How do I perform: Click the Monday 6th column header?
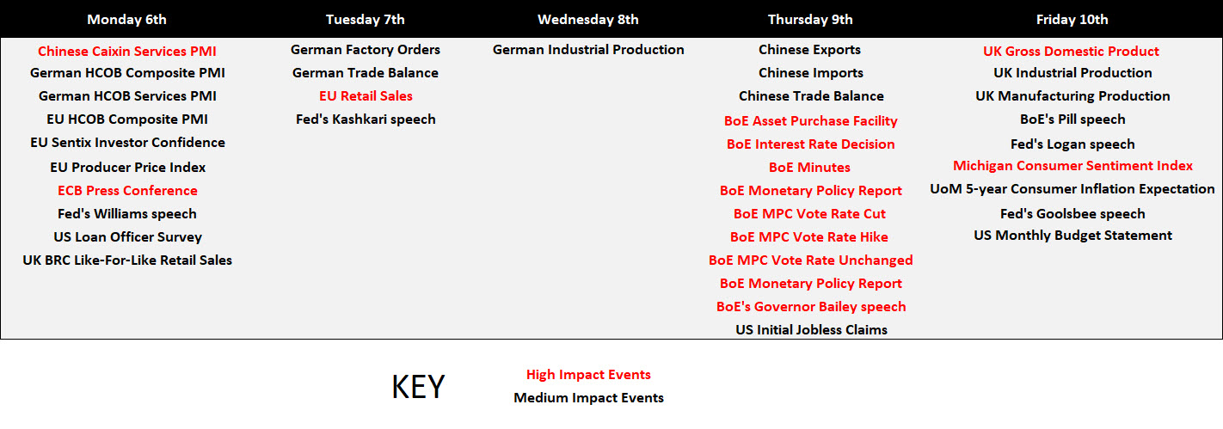(x=126, y=20)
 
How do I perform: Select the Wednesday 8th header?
(x=588, y=20)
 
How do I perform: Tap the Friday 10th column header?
(x=1072, y=20)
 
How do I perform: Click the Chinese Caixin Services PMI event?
(x=126, y=52)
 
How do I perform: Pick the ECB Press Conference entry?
(x=128, y=191)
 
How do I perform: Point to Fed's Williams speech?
(x=127, y=214)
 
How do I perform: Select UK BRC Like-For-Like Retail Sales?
(x=127, y=260)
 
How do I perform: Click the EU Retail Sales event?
(x=366, y=96)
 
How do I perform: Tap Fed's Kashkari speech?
(x=366, y=120)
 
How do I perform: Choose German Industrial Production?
(x=588, y=50)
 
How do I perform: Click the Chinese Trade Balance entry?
(x=811, y=96)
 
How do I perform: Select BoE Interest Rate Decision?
(x=811, y=144)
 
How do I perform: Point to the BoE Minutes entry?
(x=809, y=168)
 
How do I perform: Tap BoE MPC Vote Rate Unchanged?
(x=811, y=260)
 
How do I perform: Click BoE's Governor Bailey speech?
(x=811, y=307)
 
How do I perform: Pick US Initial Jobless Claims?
(x=811, y=329)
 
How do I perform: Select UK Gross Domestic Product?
(x=1072, y=52)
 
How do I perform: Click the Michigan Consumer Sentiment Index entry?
(x=1072, y=166)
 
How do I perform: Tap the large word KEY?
(x=418, y=387)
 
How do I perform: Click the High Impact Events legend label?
(x=588, y=375)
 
